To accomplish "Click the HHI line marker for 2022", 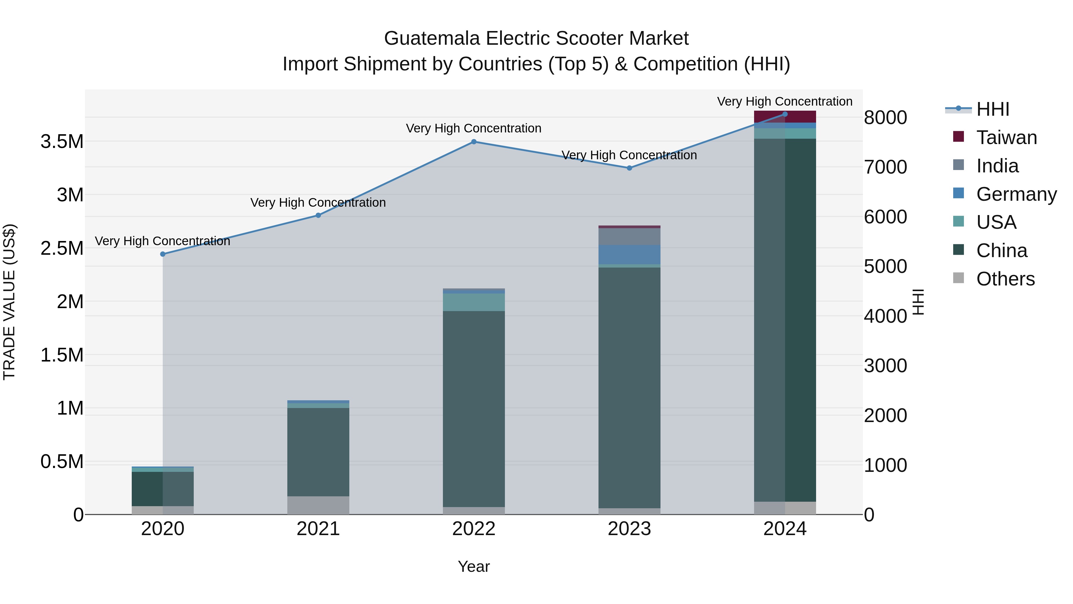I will pos(474,142).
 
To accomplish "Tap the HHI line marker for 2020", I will pos(163,254).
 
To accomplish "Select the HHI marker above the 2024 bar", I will pos(785,114).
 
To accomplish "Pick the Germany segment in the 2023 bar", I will pos(629,255).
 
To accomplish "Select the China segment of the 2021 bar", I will pos(318,452).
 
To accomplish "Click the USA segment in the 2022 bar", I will pos(474,302).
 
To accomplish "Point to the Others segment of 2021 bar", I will pos(318,505).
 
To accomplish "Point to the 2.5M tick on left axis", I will pos(62,248).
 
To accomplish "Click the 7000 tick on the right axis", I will pos(885,167).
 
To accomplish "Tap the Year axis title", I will pos(474,566).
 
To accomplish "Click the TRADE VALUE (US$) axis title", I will pos(9,302).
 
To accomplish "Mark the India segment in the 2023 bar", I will pos(629,236).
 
